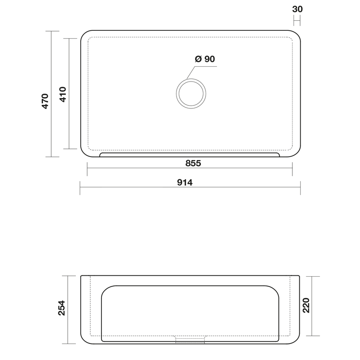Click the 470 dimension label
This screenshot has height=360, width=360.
tap(45, 101)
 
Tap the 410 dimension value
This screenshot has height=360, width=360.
tap(63, 94)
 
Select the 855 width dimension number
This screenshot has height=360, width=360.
tap(193, 163)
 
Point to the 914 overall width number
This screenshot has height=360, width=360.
tap(185, 183)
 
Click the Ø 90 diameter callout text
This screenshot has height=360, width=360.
tap(205, 59)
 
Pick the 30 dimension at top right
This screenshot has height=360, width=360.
tap(297, 9)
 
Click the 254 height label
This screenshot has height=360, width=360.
tap(62, 308)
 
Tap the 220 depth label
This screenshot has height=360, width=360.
tap(306, 305)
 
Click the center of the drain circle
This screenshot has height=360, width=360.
tap(191, 94)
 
